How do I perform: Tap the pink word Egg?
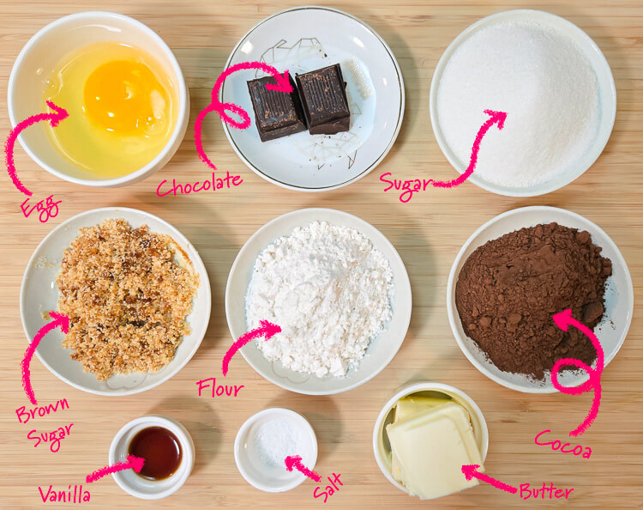coord(41,207)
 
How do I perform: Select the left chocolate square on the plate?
coord(275,108)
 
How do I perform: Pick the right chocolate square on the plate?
coord(322,99)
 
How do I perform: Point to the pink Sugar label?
coord(406,185)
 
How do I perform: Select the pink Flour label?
coord(219,387)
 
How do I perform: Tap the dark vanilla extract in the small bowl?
coord(155,452)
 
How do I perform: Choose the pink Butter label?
coord(546,491)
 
